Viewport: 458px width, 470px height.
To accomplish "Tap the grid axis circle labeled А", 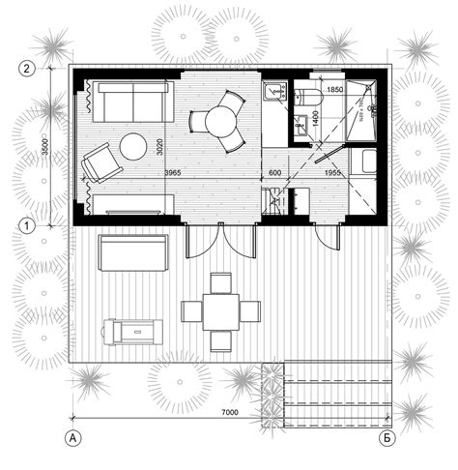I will click(72, 438).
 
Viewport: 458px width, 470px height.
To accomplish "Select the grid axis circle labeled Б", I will click(386, 438).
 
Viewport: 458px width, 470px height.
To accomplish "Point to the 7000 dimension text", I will click(230, 413).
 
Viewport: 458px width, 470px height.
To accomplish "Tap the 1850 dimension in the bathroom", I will click(335, 90).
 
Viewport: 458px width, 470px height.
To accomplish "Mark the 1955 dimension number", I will click(330, 172).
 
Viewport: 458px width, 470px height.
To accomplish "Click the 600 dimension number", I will click(274, 172).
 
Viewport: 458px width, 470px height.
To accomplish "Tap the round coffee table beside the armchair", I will click(132, 147).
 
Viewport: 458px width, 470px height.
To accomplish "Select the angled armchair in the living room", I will click(99, 162).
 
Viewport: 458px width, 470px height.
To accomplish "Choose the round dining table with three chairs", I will click(218, 122).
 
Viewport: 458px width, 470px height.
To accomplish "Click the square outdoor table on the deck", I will click(220, 311).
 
